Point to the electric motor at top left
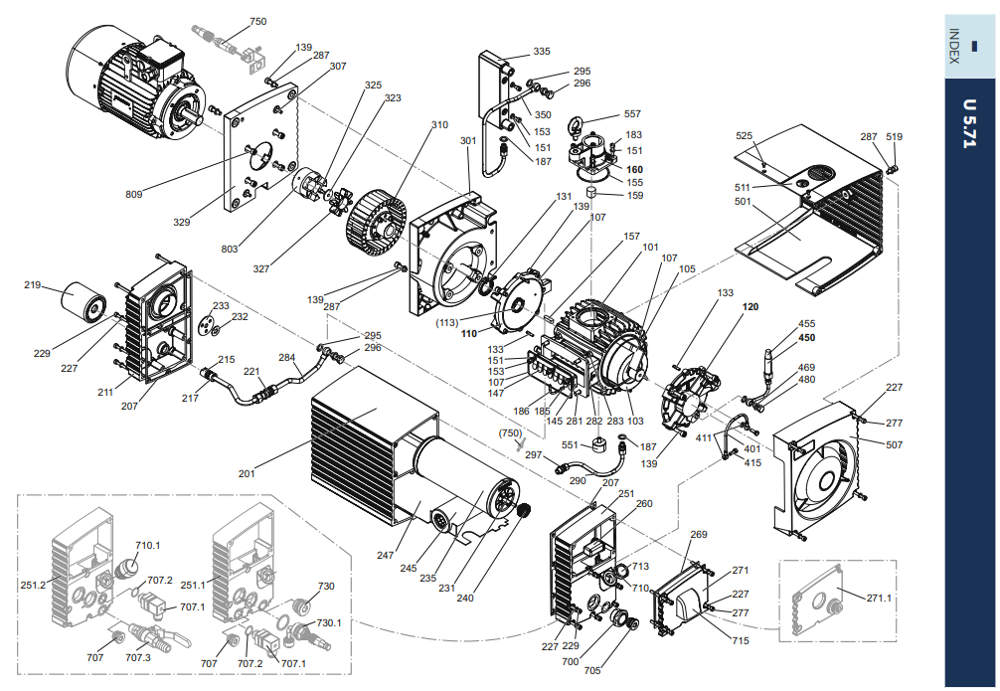pos(129,80)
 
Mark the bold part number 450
pos(806,337)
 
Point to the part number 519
pos(895,137)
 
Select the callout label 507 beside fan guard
pos(895,444)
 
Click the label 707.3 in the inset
pos(138,657)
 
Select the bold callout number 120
pos(750,307)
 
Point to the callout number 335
pos(542,51)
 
